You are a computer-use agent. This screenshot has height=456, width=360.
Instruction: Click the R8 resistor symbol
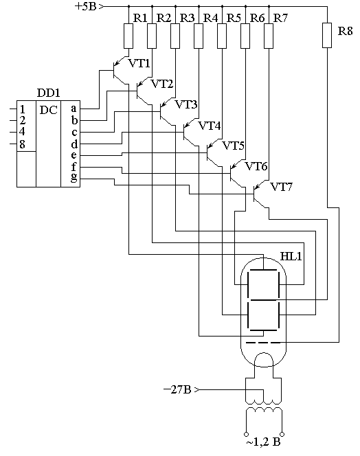tap(327, 35)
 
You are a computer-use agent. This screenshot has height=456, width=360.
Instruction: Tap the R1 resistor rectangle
tap(128, 36)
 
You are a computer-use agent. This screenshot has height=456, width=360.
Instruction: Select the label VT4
tap(210, 126)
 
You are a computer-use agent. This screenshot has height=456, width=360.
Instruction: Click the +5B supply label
tap(85, 6)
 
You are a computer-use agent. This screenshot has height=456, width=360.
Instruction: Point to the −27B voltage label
tap(177, 389)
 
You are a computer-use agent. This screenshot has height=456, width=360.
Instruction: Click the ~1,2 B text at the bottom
tap(263, 443)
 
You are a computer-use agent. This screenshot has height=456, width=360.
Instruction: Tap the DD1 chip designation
tap(49, 93)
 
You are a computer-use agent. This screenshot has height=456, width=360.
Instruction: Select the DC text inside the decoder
tap(48, 110)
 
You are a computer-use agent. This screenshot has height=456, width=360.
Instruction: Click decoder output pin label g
tap(74, 177)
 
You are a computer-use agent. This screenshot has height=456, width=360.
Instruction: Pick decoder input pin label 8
tap(22, 144)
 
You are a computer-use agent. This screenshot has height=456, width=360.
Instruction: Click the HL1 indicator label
tap(291, 256)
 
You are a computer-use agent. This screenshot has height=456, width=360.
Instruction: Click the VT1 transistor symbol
tap(120, 71)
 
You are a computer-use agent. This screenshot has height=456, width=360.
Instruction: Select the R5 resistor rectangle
tap(222, 36)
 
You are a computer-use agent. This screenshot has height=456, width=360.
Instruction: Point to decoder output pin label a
tap(74, 109)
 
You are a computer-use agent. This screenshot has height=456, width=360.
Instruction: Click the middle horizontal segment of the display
tap(263, 299)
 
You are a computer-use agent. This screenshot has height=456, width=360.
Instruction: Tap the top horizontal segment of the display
tap(263, 270)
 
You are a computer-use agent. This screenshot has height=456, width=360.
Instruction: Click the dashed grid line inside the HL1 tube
tap(263, 343)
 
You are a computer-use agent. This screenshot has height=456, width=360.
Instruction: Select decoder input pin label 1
tap(22, 110)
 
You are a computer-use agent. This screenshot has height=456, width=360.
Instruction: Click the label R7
tap(280, 19)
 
